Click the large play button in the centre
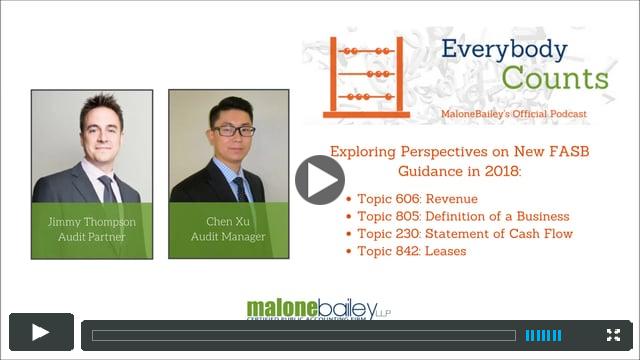[320, 180]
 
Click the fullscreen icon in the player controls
[613, 335]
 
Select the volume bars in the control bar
[544, 335]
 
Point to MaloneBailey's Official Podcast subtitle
[514, 114]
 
